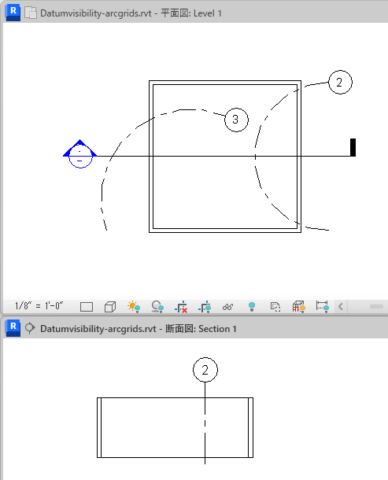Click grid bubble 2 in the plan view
pyautogui.click(x=340, y=82)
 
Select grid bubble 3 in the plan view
pyautogui.click(x=236, y=120)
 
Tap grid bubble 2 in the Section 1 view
pyautogui.click(x=205, y=370)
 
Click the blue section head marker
pyautogui.click(x=80, y=153)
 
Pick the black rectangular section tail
pyautogui.click(x=353, y=148)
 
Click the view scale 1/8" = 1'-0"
pyautogui.click(x=39, y=306)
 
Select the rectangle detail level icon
pyautogui.click(x=87, y=307)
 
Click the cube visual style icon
pyautogui.click(x=110, y=307)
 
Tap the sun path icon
pyautogui.click(x=134, y=307)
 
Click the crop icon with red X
pyautogui.click(x=181, y=307)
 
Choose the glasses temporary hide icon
pyautogui.click(x=227, y=307)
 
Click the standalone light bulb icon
pyautogui.click(x=252, y=306)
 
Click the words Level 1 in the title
pyautogui.click(x=207, y=13)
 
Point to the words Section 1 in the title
pyautogui.click(x=217, y=329)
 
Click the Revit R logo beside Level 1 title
pyautogui.click(x=13, y=13)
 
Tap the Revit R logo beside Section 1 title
pyautogui.click(x=13, y=328)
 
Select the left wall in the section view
pyautogui.click(x=99, y=427)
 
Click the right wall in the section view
pyautogui.click(x=250, y=427)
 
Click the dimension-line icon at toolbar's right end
pyautogui.click(x=323, y=307)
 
